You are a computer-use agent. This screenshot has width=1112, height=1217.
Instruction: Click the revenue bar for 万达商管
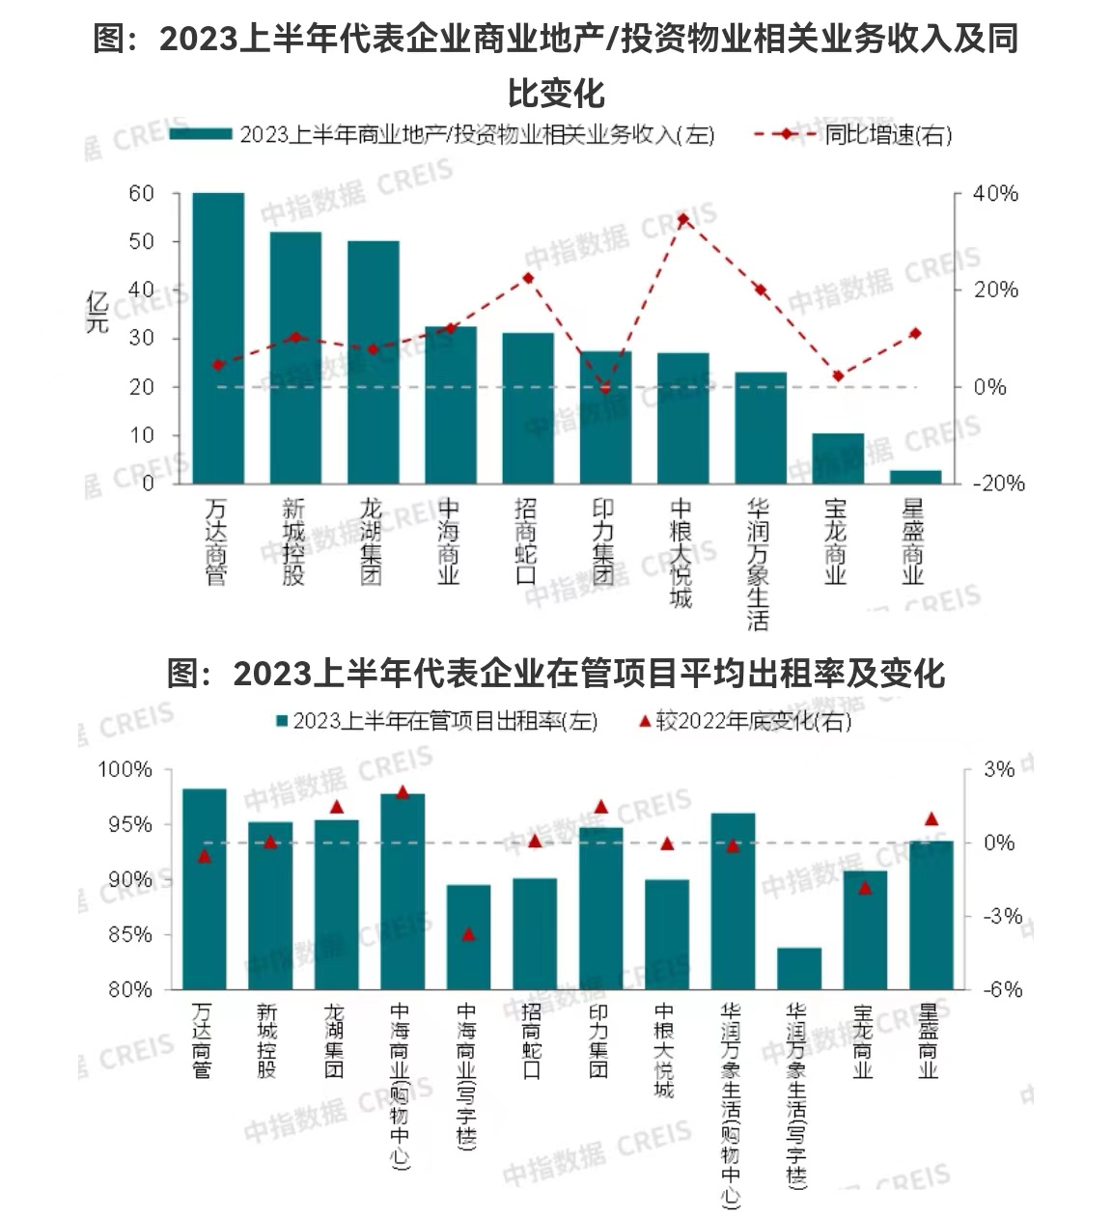[218, 338]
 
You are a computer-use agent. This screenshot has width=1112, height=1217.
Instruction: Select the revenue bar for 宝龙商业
[837, 458]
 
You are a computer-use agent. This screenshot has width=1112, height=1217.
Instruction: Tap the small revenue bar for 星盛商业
[915, 477]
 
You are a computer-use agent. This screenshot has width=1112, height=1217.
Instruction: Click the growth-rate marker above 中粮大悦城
[682, 219]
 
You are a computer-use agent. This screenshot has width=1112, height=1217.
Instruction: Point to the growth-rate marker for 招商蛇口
[528, 278]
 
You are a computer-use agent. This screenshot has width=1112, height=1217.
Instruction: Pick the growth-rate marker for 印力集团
[605, 389]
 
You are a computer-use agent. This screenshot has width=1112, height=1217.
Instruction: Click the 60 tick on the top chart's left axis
[142, 194]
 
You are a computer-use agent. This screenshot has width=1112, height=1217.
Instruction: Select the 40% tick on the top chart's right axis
[995, 194]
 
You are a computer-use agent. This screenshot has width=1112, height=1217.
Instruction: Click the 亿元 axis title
[97, 311]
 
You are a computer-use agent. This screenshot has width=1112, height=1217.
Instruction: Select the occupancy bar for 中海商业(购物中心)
[403, 891]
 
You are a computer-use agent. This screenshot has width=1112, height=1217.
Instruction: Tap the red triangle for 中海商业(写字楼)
[469, 933]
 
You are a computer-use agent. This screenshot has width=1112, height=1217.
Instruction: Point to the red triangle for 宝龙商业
[865, 887]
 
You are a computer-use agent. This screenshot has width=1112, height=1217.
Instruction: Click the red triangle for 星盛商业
[931, 818]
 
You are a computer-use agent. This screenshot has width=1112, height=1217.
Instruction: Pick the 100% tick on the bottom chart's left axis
[125, 770]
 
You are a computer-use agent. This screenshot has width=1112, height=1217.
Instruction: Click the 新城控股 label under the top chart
[294, 541]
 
